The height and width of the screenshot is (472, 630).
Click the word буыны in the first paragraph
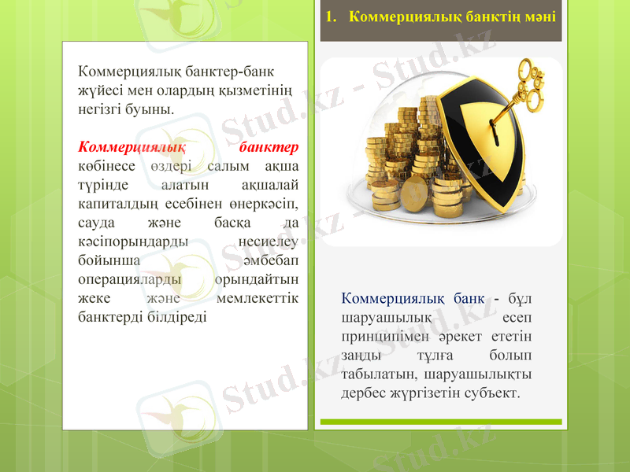[152, 108]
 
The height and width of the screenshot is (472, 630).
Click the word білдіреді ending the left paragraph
[173, 317]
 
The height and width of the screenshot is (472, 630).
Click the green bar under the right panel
[440, 423]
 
